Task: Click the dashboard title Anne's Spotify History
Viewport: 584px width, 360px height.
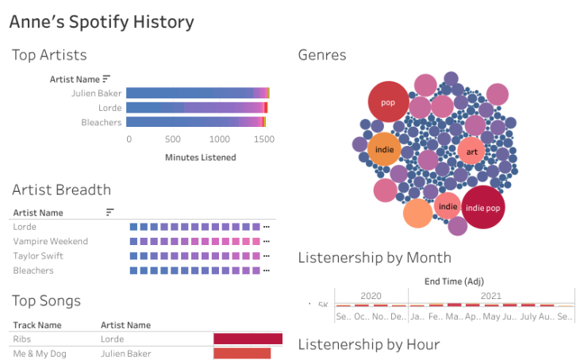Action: (x=101, y=21)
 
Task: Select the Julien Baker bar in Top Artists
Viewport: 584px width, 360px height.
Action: (x=198, y=93)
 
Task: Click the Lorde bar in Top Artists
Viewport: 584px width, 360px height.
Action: (x=197, y=108)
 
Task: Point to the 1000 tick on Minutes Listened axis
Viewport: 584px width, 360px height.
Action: (x=219, y=139)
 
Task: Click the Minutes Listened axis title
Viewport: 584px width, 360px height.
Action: (x=200, y=157)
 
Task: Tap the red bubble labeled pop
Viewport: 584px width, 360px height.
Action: (x=388, y=102)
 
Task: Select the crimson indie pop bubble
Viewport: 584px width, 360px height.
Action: (x=483, y=208)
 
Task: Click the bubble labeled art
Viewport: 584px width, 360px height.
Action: (x=471, y=151)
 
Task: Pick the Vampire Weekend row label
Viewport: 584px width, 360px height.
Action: (x=51, y=241)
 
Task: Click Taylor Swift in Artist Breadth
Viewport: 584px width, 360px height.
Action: (x=38, y=256)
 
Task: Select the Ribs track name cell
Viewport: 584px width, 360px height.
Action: (x=22, y=339)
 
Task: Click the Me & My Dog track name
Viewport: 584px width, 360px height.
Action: (x=40, y=354)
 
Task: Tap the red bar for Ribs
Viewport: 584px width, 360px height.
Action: (x=248, y=339)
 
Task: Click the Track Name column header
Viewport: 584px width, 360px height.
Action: (x=37, y=324)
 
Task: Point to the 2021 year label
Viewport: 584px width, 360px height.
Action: (x=490, y=296)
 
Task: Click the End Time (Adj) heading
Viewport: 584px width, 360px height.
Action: (x=453, y=280)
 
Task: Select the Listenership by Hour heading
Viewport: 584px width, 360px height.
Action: (x=368, y=343)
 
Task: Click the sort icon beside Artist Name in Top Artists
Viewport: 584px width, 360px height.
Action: (x=106, y=79)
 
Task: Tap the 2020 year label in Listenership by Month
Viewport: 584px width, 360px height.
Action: (x=371, y=296)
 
